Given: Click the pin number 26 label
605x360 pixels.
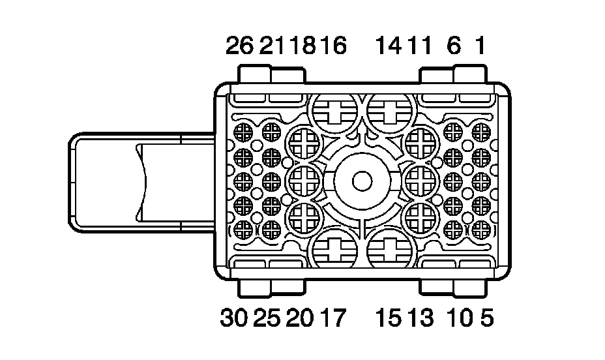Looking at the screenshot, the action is click(x=240, y=45).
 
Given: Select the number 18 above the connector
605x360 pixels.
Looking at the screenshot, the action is click(x=302, y=45).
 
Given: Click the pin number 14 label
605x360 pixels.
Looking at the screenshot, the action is click(x=390, y=45).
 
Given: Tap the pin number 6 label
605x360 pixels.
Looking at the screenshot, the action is click(x=454, y=45).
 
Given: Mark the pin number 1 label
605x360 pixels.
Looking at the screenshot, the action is click(x=480, y=45).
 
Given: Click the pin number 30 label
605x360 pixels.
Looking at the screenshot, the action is click(x=234, y=318).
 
